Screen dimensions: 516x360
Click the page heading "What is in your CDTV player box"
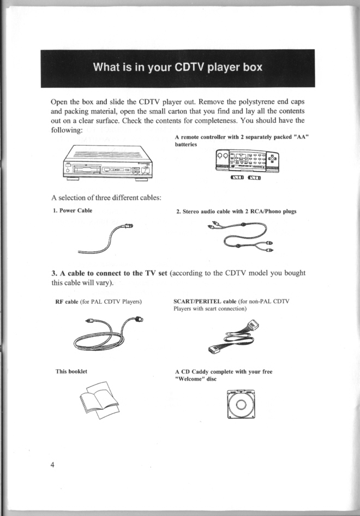[x=178, y=68]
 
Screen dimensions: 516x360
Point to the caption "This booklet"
[x=71, y=371]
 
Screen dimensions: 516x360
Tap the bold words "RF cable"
[x=67, y=302]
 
